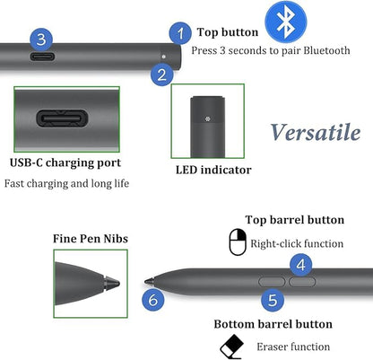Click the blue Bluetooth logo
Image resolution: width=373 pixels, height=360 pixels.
point(286,22)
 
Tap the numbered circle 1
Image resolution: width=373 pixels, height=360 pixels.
point(180,33)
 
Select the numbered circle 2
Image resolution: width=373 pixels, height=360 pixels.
point(162,75)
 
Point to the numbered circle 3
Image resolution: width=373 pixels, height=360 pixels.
point(41,40)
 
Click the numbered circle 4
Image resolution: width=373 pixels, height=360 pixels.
point(301,265)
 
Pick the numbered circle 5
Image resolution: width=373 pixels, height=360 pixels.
point(273,300)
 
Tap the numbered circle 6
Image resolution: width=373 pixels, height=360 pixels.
point(153,299)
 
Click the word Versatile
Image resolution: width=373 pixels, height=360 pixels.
point(316,132)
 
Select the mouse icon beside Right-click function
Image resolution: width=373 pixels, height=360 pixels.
point(238,241)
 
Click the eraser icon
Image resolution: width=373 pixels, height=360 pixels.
point(232,347)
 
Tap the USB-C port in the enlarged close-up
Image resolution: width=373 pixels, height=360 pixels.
point(62,119)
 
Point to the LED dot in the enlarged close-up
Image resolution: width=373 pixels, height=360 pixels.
point(208,119)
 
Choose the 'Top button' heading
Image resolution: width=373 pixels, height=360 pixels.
point(228,32)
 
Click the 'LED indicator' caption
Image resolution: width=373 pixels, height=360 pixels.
point(213,170)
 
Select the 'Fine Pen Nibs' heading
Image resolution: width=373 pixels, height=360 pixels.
point(91,239)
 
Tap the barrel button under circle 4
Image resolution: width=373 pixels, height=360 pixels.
point(302,282)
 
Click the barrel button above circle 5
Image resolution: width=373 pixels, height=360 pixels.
point(272,282)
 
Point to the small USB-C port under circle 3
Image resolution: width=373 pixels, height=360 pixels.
point(42,57)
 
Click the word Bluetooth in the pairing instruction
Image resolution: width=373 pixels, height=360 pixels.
point(327,50)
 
